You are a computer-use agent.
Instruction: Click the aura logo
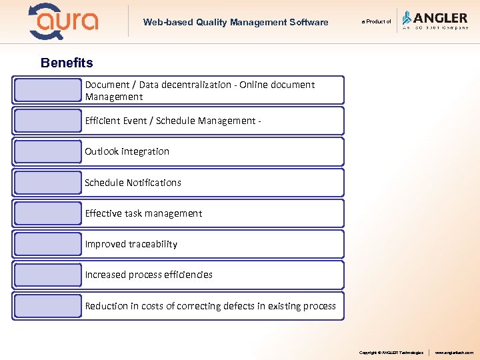[x=63, y=21]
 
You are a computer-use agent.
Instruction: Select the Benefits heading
[x=67, y=63]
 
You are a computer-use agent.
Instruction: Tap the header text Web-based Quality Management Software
[x=235, y=23]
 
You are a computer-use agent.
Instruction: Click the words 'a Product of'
[x=377, y=22]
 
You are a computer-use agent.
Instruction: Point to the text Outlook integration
[x=127, y=151]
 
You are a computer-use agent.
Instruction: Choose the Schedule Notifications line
[x=133, y=183]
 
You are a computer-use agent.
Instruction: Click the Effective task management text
[x=143, y=213]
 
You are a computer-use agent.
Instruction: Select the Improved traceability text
[x=131, y=244]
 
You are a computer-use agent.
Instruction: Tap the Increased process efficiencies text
[x=149, y=275]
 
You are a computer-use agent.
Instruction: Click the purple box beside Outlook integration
[x=47, y=152]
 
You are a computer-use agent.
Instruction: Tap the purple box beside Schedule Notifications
[x=47, y=183]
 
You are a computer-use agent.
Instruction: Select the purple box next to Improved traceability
[x=47, y=244]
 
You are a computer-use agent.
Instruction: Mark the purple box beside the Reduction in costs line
[x=47, y=306]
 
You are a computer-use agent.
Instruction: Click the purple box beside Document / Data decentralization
[x=47, y=90]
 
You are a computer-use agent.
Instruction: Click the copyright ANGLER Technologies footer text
[x=391, y=352]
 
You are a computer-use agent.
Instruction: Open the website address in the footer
[x=454, y=352]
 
